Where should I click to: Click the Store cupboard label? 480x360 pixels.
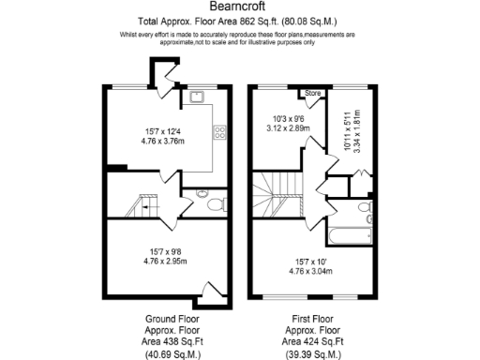pos(311,93)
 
